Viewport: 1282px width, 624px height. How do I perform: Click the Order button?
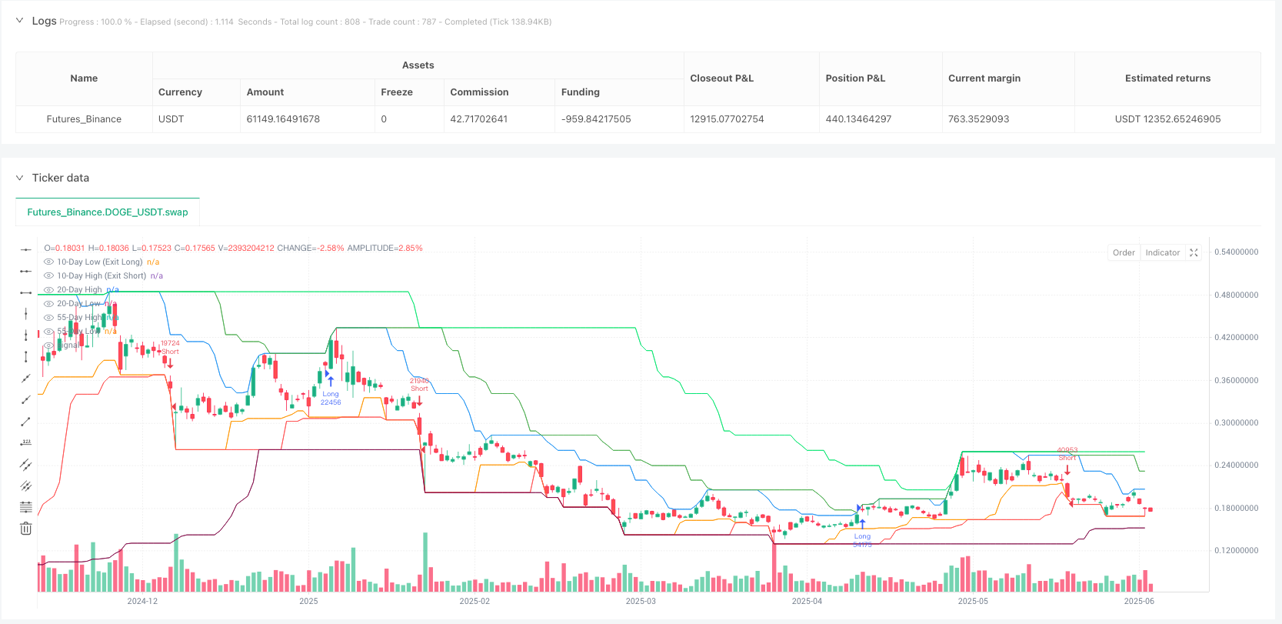[1124, 252]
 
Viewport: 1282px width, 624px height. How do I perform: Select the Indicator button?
[1162, 252]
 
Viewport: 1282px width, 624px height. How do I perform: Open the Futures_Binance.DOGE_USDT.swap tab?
[108, 212]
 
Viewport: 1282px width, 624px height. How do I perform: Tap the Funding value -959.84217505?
[596, 119]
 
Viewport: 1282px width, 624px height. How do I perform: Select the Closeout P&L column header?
[721, 78]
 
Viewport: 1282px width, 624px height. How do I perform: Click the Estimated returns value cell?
[1167, 119]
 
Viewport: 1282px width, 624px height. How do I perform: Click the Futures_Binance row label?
[84, 119]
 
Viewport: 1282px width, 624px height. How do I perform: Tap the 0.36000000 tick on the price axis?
[1236, 380]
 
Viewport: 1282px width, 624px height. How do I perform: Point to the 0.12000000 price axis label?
[1236, 551]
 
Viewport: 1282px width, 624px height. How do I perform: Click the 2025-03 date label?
[641, 601]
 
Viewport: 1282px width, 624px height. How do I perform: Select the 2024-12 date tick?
[142, 601]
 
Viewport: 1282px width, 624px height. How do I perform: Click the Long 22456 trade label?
[331, 398]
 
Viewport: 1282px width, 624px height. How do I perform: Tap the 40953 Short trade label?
[1067, 454]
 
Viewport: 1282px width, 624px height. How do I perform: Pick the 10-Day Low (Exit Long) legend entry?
[99, 262]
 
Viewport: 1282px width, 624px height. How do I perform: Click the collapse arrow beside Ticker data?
[19, 178]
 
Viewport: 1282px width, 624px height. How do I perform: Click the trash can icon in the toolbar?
[25, 529]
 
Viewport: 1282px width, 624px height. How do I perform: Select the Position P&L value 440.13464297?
[858, 119]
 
